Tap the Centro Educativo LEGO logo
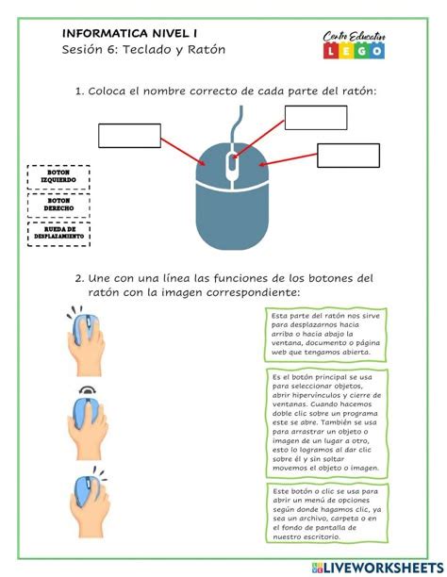pyautogui.click(x=352, y=43)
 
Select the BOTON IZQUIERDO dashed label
pyautogui.click(x=58, y=176)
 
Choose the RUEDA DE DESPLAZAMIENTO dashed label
pyautogui.click(x=58, y=233)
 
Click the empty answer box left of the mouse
pyautogui.click(x=129, y=135)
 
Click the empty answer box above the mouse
pyautogui.click(x=315, y=117)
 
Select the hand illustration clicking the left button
pyautogui.click(x=88, y=339)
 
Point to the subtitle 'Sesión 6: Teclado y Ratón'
pyautogui.click(x=144, y=49)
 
